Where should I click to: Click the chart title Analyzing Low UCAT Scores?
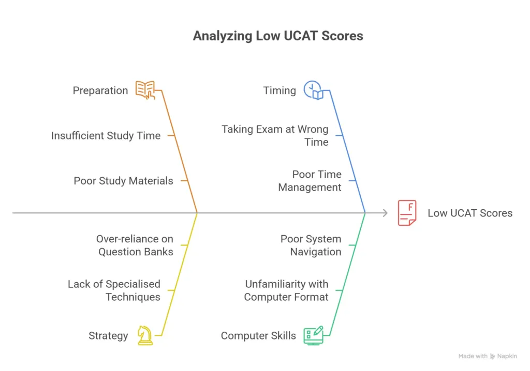point(278,36)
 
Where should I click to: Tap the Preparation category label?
point(100,91)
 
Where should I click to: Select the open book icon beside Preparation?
point(145,90)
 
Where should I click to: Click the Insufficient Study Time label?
point(106,136)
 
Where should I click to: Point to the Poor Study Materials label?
point(123,181)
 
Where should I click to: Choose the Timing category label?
point(279,91)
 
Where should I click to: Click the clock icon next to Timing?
point(314,90)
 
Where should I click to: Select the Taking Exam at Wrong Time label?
point(275,135)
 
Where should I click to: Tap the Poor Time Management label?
point(310,181)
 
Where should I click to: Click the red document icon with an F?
point(407,213)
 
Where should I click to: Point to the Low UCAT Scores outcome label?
point(470,213)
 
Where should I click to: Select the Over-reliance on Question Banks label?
point(135,245)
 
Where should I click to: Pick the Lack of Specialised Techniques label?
point(114,290)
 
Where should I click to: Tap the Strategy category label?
point(108,336)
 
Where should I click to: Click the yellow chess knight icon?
point(145,335)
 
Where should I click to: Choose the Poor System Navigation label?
point(311,245)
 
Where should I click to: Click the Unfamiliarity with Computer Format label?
point(286,290)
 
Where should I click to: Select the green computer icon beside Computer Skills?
point(314,335)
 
